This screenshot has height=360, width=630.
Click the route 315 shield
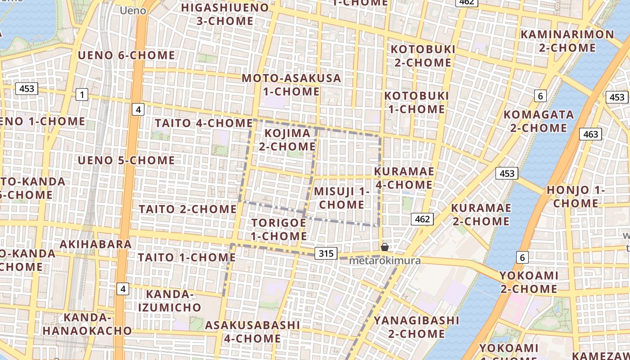coord(326,253)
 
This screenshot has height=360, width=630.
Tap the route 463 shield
coord(590,134)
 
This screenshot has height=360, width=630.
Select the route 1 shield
coord(82,94)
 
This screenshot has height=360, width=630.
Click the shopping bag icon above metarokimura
coord(385,247)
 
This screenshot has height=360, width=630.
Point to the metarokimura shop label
coord(385,261)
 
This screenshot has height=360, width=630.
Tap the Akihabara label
coord(96,244)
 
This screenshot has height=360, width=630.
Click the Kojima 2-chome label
coord(287,139)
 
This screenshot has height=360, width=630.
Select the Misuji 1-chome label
coord(342,198)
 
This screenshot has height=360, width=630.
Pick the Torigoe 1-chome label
coord(279,229)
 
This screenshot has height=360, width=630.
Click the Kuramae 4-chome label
coord(404,178)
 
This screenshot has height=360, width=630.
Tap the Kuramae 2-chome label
coord(481,214)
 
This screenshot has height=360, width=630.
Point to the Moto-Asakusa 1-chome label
coord(292,85)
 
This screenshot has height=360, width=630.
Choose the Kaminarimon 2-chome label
coord(567,41)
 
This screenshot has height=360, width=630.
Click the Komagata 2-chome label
coord(538,121)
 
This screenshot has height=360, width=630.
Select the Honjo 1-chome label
coord(575,197)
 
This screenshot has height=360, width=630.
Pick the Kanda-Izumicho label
coord(169,301)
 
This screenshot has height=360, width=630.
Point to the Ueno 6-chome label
coord(126,55)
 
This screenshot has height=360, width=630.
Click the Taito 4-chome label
coord(203,123)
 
